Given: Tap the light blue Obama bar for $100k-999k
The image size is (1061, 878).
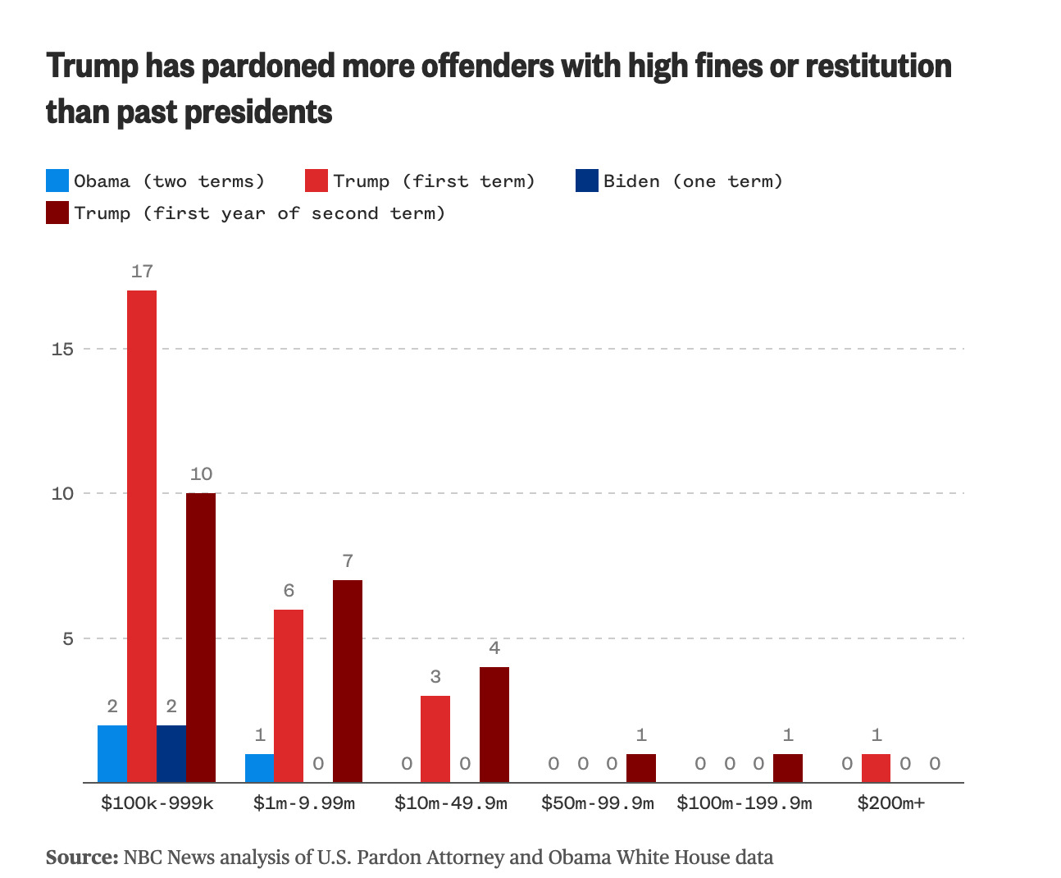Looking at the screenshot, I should tap(112, 753).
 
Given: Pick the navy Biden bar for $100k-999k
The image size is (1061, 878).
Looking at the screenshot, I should tap(171, 753).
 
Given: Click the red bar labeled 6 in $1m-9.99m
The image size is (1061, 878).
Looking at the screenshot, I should tap(289, 696).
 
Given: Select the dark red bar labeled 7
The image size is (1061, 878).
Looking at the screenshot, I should tap(348, 681).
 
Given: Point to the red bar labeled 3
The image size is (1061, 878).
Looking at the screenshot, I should tap(435, 739).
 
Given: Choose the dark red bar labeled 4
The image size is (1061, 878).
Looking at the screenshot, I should tap(494, 725).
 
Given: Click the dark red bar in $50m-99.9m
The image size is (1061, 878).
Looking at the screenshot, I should tap(641, 768).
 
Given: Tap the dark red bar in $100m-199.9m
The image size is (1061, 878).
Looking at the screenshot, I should tap(788, 768).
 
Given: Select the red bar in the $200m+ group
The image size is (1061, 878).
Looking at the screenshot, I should tap(876, 768).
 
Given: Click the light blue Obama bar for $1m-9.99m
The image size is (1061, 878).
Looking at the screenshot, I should tap(259, 768).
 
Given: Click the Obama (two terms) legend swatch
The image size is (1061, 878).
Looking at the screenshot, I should tap(57, 181).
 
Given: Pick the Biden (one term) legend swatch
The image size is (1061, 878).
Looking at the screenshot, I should tap(587, 181).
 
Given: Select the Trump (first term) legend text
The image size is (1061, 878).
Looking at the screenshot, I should tap(434, 181).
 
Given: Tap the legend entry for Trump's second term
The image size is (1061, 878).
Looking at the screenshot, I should tap(259, 213).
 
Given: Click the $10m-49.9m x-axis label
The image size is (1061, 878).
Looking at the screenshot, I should tap(450, 803).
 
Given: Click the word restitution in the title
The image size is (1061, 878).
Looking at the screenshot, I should tap(878, 66).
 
